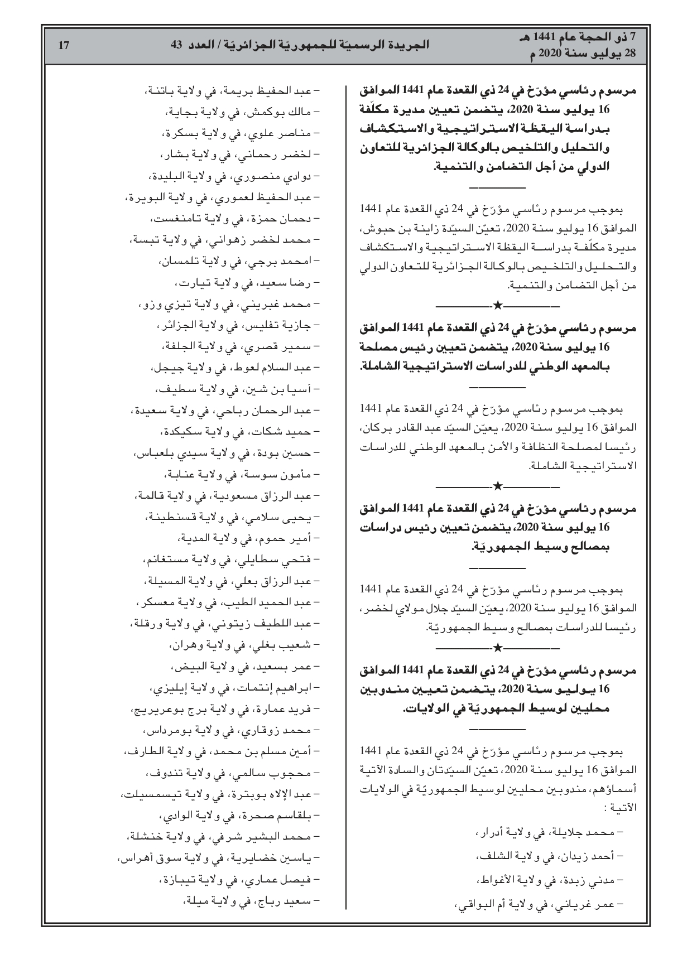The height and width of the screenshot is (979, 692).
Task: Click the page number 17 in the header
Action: point(63,46)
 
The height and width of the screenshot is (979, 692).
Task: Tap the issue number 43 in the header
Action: point(176,46)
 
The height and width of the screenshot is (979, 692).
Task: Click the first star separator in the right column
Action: point(497,305)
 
